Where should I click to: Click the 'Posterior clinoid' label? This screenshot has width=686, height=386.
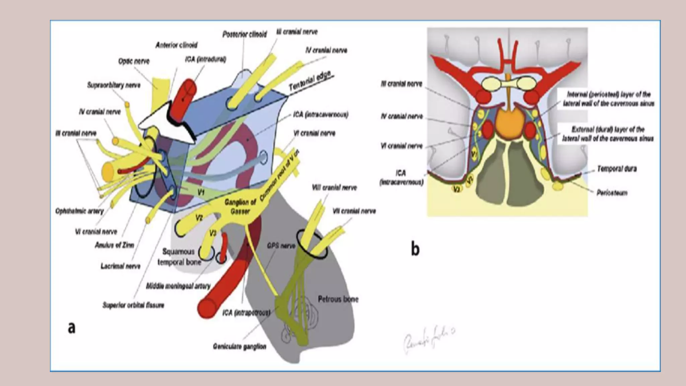coord(245,34)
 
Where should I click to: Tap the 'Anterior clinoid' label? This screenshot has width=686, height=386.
coord(176,45)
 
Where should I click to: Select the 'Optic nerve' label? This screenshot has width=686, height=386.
coord(134,61)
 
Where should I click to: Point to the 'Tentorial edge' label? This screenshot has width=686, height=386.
coord(310,81)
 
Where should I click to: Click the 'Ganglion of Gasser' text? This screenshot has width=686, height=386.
coord(240,206)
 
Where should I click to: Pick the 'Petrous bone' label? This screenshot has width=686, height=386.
coord(338,299)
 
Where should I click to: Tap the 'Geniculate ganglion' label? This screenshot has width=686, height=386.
coord(239,346)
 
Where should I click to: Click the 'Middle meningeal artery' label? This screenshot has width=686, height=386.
coord(178,286)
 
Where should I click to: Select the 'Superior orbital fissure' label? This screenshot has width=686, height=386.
coord(133,305)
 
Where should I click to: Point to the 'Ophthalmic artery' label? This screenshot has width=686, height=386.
coord(79,211)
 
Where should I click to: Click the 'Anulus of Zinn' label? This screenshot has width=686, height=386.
coord(114,245)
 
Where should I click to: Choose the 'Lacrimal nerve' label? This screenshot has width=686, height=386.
coord(120,266)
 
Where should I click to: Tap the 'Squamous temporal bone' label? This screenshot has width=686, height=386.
coord(179,257)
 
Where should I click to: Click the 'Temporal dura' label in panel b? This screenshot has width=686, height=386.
coord(617,169)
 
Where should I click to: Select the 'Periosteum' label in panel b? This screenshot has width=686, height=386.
coord(612,193)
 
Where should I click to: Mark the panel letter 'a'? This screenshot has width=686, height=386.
coord(71,327)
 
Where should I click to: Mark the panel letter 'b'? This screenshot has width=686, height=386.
coord(415,249)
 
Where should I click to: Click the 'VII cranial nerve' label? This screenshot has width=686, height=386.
coord(354,211)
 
